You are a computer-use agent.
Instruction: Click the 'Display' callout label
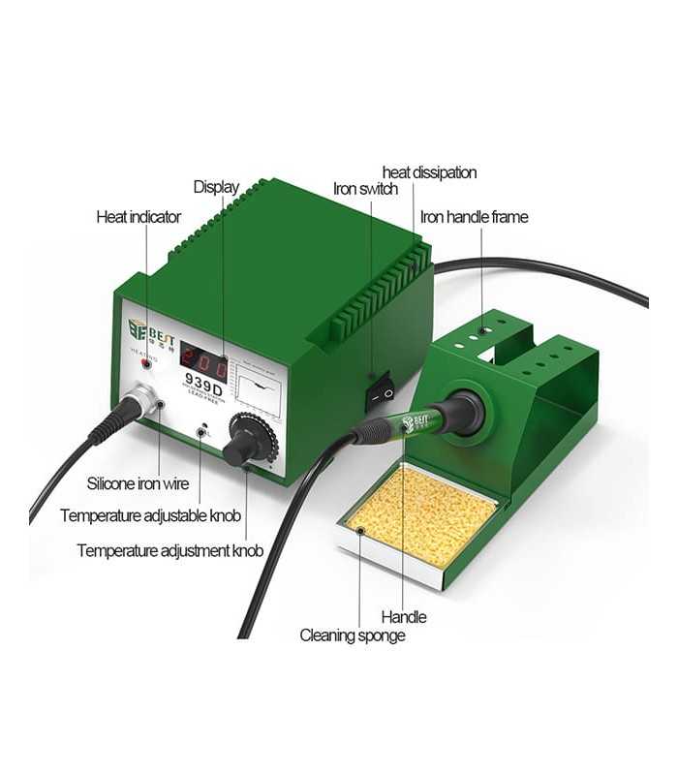[x=215, y=187]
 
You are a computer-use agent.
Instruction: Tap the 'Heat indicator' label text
[x=139, y=217]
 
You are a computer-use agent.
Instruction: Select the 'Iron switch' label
[x=365, y=189]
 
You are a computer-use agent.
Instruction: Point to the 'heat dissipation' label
[x=429, y=172]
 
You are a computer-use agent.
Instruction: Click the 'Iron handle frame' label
[x=475, y=217]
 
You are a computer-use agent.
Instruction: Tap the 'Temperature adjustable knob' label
[x=150, y=515]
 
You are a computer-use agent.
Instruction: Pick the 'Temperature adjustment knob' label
[x=169, y=550]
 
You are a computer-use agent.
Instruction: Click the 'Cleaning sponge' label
[x=353, y=635]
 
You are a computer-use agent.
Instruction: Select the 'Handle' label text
[x=403, y=616]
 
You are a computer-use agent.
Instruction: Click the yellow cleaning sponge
[x=423, y=513]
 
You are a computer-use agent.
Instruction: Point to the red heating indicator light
[x=147, y=364]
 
